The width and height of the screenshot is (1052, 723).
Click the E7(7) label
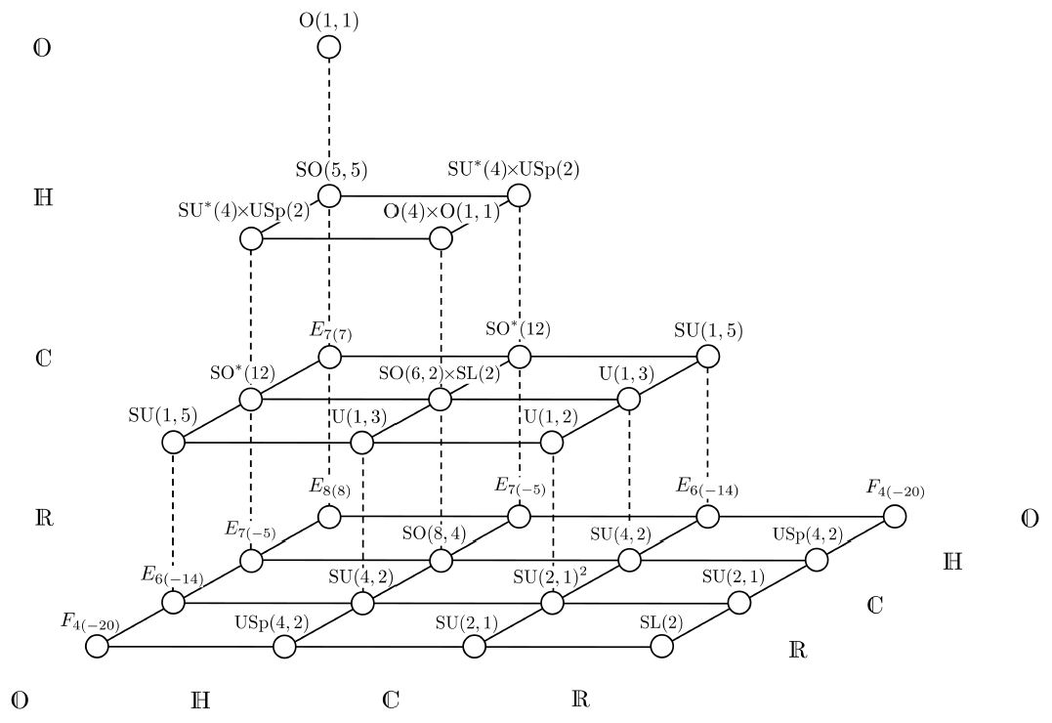330,330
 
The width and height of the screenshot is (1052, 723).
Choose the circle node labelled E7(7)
329,357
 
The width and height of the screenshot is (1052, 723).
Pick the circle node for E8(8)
329,516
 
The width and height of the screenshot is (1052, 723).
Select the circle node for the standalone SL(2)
662,647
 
